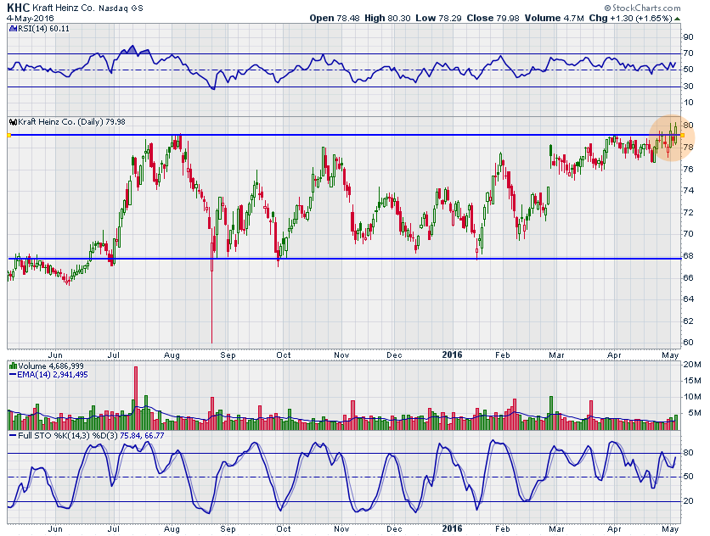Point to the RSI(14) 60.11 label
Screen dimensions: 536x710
(41, 28)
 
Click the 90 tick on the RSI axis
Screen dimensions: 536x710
(688, 37)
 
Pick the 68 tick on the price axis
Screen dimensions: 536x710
(688, 255)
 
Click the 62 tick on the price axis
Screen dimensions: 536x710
(688, 321)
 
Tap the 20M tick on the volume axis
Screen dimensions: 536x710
(691, 365)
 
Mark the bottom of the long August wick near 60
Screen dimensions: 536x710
(211, 342)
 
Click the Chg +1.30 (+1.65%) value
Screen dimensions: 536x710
(639, 17)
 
